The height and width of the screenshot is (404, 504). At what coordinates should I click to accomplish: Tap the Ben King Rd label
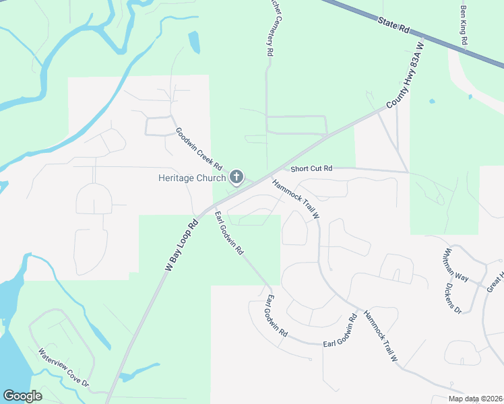[x=464, y=26]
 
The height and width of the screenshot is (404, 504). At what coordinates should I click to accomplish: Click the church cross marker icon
[x=237, y=177]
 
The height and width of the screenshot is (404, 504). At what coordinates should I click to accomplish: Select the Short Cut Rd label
[x=312, y=168]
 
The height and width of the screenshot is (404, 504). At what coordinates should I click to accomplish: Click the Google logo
[x=22, y=396]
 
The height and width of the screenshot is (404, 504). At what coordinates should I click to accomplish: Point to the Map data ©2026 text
[x=474, y=399]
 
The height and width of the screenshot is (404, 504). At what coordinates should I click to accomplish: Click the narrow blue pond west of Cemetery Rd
[x=194, y=42]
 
